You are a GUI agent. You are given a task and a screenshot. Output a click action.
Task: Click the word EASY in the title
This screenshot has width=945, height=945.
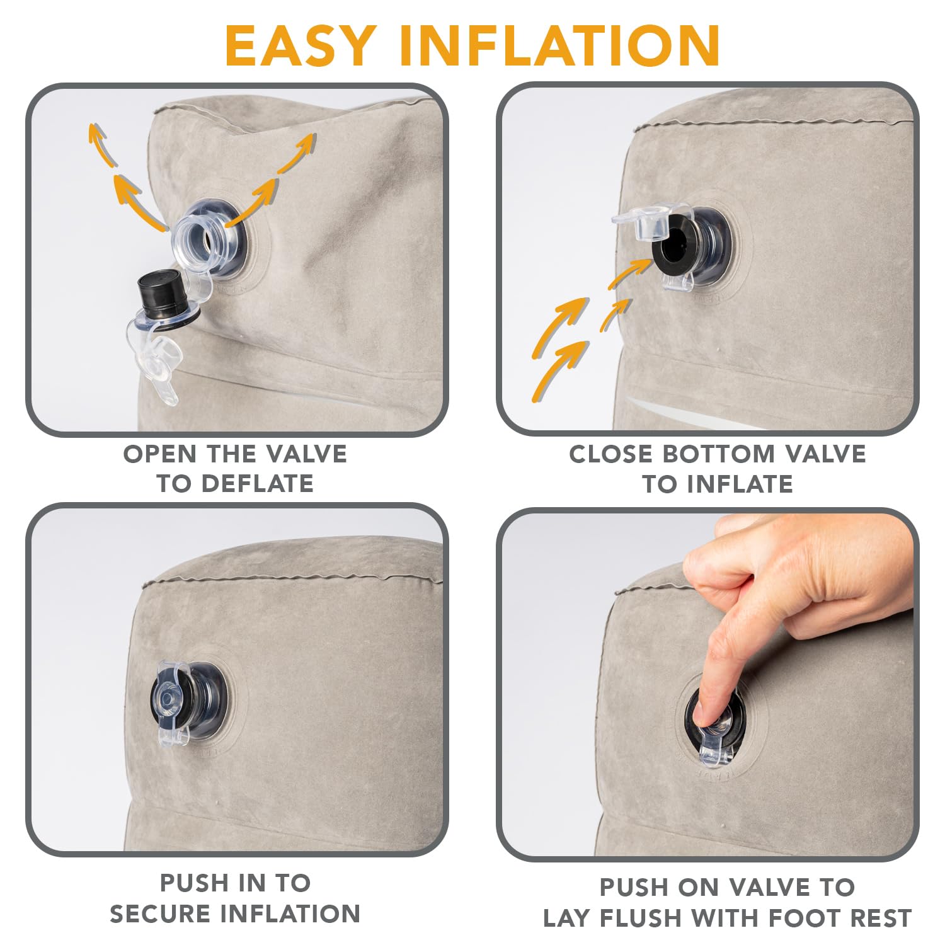click(x=299, y=45)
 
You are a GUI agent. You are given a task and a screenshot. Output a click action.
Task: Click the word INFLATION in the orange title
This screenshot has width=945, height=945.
click(x=560, y=45)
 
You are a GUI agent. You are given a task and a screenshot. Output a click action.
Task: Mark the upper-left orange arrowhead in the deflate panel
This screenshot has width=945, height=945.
click(x=96, y=134)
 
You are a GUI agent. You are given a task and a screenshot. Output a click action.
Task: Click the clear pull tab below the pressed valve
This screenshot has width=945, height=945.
click(x=715, y=753)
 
